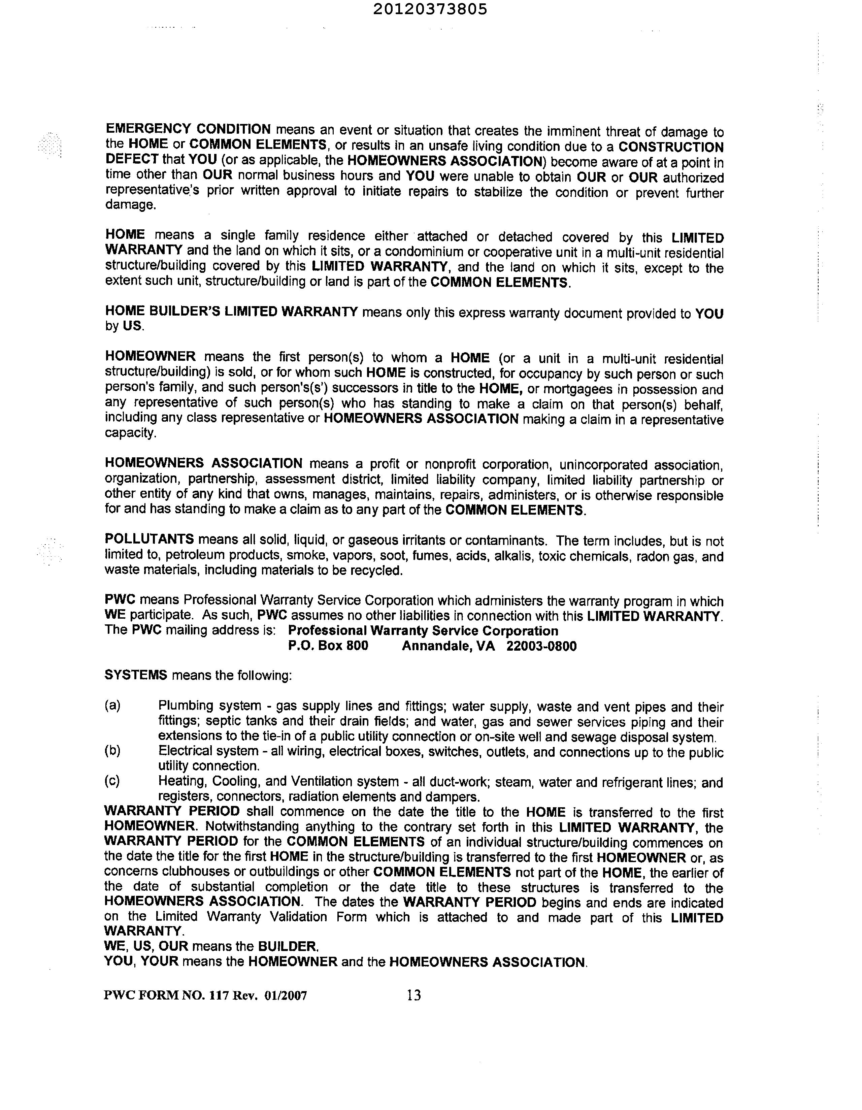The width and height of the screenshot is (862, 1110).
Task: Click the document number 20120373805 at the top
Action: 430,10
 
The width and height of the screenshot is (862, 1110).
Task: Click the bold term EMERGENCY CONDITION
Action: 188,129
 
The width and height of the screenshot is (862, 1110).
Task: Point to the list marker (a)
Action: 112,706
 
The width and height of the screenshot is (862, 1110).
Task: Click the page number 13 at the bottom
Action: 414,995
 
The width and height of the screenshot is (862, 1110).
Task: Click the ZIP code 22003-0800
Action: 542,647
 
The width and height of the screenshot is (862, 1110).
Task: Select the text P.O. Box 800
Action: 328,646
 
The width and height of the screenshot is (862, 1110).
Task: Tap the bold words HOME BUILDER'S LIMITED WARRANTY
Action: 231,311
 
